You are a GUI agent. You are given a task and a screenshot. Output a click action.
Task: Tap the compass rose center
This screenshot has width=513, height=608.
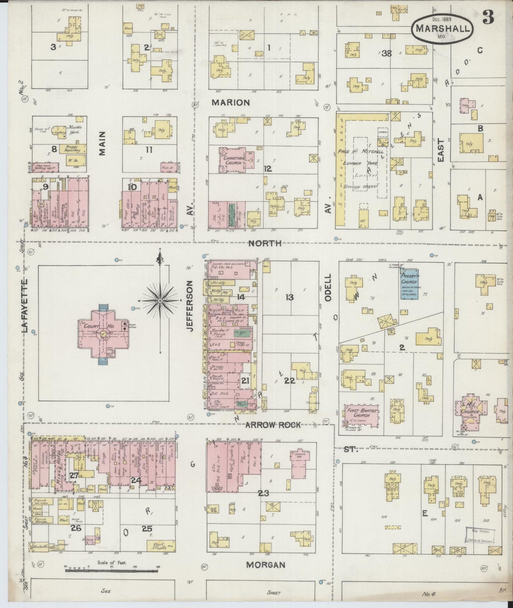tap(160, 300)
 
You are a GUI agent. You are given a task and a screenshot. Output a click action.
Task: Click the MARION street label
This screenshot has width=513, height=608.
tap(231, 103)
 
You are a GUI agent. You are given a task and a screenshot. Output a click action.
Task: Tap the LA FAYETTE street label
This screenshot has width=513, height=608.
tap(24, 306)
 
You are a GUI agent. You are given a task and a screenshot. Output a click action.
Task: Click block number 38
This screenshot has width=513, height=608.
tap(386, 53)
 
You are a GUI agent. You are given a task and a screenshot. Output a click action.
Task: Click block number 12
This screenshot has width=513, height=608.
tap(268, 169)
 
